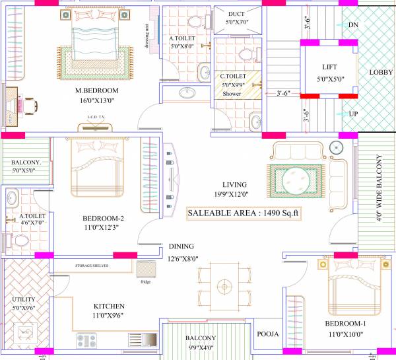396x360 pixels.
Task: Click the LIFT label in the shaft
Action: click(x=330, y=67)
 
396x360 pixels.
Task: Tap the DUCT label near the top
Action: click(x=236, y=14)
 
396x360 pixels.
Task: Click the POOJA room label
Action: click(x=268, y=334)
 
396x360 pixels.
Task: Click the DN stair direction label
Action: click(x=353, y=24)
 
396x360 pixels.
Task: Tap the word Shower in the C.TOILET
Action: click(x=232, y=94)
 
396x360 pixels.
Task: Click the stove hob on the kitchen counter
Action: click(x=88, y=341)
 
